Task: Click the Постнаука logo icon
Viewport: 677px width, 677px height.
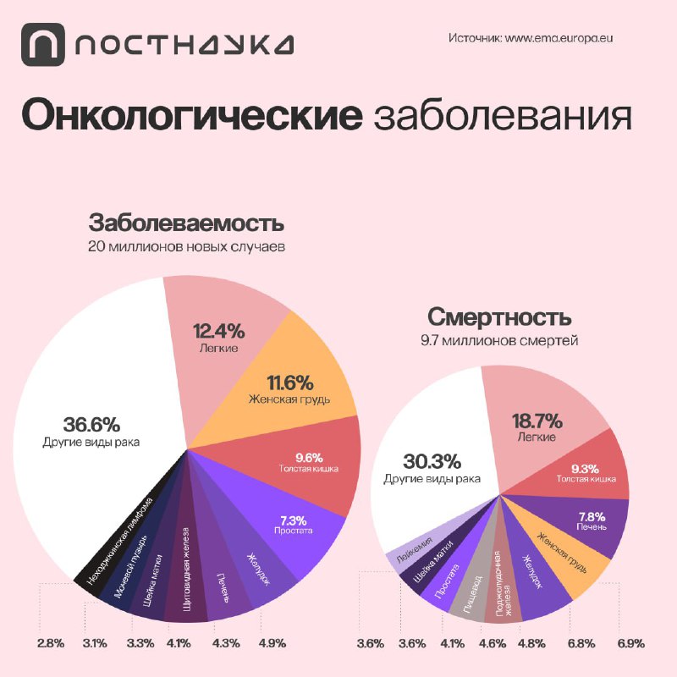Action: (x=42, y=43)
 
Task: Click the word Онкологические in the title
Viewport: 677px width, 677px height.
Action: (x=190, y=116)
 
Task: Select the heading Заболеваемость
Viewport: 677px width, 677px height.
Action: (x=186, y=225)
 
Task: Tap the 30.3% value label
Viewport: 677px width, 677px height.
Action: (x=432, y=461)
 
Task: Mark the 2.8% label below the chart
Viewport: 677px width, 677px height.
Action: (x=51, y=643)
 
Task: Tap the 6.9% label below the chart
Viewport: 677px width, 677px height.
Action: (x=630, y=643)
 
